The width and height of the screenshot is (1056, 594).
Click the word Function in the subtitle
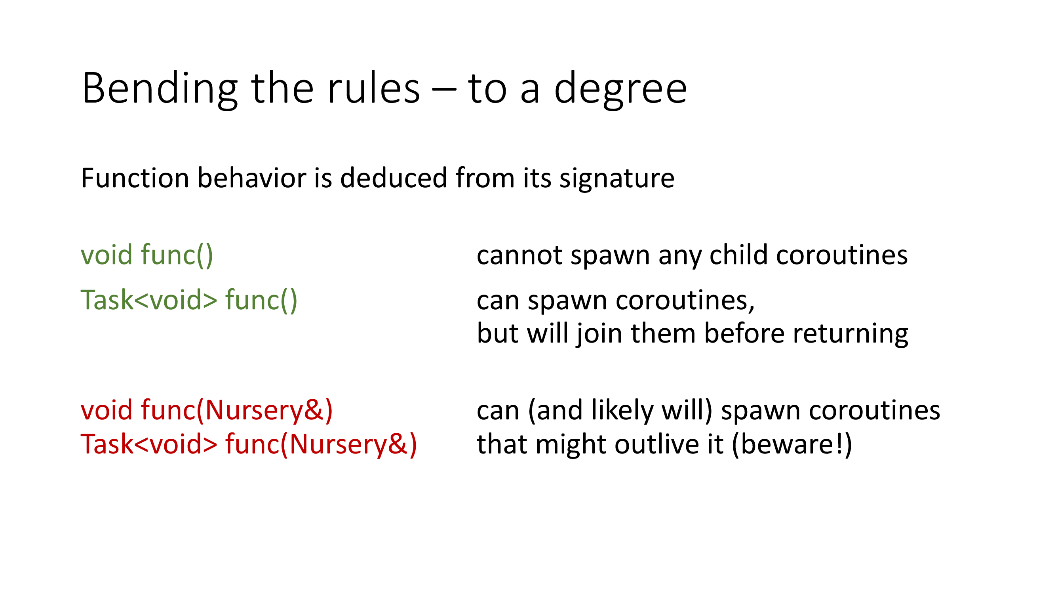[x=135, y=178]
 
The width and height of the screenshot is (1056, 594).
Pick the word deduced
[x=394, y=178]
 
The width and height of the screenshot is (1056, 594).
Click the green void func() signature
[x=147, y=255]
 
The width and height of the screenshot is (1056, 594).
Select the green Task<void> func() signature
[x=189, y=300]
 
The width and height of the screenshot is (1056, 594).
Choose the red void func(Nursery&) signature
[x=207, y=410]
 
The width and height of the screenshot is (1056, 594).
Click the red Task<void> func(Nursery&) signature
[x=248, y=444]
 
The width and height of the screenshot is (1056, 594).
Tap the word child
[x=738, y=255]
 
